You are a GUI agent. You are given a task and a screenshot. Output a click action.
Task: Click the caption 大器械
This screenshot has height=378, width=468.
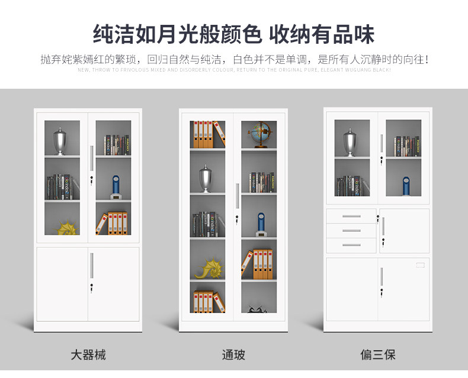[x=88, y=355]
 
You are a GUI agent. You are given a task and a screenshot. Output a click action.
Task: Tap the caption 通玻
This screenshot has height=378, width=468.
[x=233, y=355]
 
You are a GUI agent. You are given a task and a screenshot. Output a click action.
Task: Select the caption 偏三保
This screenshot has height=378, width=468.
[x=378, y=355]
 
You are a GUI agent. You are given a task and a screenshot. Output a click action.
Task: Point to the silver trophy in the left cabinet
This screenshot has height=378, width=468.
[x=60, y=141]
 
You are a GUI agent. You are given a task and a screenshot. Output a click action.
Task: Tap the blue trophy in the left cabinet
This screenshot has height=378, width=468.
[x=117, y=186]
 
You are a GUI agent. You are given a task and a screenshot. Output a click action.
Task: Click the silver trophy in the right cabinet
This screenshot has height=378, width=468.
[x=350, y=142]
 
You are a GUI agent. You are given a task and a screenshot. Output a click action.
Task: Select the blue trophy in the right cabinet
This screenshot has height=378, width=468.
[x=406, y=185]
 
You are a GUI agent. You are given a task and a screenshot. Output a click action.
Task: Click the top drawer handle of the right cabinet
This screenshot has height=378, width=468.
[x=352, y=216]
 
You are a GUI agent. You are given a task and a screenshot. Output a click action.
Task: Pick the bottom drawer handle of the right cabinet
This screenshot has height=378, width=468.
[x=352, y=244]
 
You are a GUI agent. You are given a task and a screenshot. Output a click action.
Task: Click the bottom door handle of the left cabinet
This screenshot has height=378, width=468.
[x=91, y=265]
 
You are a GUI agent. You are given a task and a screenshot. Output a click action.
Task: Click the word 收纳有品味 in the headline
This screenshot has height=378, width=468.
[x=322, y=34]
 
